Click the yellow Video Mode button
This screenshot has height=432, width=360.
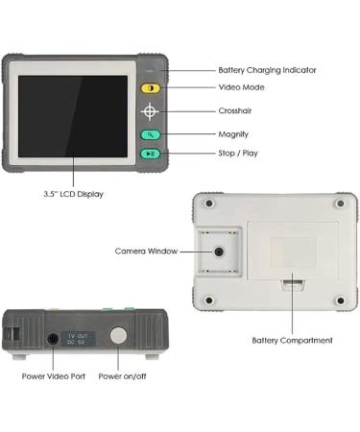(150, 87)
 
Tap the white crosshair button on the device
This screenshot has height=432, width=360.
(150, 111)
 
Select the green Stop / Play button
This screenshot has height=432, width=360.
(150, 154)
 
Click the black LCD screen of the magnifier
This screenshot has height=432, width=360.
(73, 115)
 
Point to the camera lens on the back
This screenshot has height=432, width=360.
(220, 251)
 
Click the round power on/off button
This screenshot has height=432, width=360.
(118, 336)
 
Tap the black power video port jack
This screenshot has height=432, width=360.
(52, 338)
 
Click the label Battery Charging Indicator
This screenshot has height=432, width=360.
(267, 70)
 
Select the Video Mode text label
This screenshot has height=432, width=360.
(241, 87)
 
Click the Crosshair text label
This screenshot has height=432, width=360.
(235, 111)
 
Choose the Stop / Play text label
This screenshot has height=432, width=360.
(237, 153)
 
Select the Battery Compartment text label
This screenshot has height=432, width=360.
(292, 340)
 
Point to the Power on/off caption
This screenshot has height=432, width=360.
(122, 375)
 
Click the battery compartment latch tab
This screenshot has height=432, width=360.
(292, 281)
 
